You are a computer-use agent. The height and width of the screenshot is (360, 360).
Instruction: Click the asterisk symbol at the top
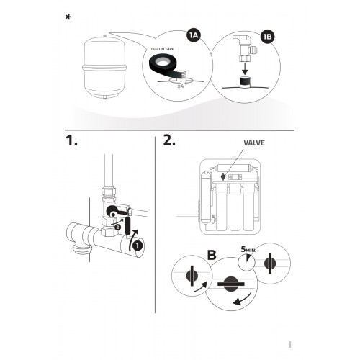(68, 17)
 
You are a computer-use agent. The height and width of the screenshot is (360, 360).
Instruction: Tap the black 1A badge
(194, 36)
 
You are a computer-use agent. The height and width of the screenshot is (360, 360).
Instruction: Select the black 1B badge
(268, 37)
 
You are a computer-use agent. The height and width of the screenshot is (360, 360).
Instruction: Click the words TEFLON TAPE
(162, 49)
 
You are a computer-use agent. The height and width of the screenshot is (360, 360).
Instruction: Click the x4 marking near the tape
(181, 86)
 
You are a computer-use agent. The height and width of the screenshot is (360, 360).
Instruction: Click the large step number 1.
(71, 140)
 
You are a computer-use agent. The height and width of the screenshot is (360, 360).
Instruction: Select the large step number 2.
(169, 140)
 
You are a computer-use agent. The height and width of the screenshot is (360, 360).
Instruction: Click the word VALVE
(254, 143)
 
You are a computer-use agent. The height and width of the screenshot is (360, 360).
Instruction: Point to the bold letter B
(212, 255)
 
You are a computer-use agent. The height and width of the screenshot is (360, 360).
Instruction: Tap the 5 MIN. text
(248, 250)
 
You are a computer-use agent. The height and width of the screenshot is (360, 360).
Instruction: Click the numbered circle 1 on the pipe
(138, 246)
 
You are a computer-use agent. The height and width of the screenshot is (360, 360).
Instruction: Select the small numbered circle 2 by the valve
(117, 227)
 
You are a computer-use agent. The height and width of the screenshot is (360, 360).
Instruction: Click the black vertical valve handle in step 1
(127, 225)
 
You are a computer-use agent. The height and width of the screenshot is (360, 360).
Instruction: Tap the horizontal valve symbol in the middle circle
(231, 284)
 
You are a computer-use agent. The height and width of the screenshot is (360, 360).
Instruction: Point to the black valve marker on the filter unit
(223, 176)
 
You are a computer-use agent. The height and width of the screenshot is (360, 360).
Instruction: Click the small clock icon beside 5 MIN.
(246, 263)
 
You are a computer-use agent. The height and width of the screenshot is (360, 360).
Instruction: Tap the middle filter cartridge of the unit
(235, 207)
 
